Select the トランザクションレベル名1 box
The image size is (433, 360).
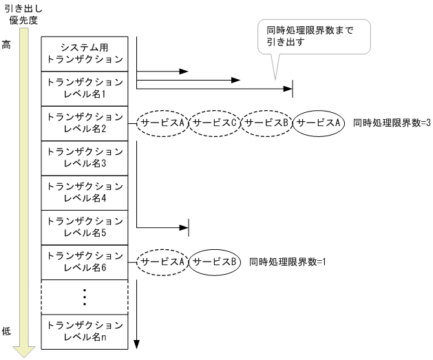point(83,88)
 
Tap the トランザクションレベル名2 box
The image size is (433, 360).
point(83,123)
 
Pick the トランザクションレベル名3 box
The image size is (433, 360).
point(83,158)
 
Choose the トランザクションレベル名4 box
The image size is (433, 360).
point(83,192)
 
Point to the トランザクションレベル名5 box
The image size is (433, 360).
point(83,227)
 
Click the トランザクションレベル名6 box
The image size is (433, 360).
point(83,262)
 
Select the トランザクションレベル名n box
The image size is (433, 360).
point(83,331)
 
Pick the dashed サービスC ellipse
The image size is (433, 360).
point(214,123)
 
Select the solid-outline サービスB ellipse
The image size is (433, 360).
point(215,262)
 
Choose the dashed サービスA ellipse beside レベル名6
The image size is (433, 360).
point(163,262)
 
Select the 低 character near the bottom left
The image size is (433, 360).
point(8,331)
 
